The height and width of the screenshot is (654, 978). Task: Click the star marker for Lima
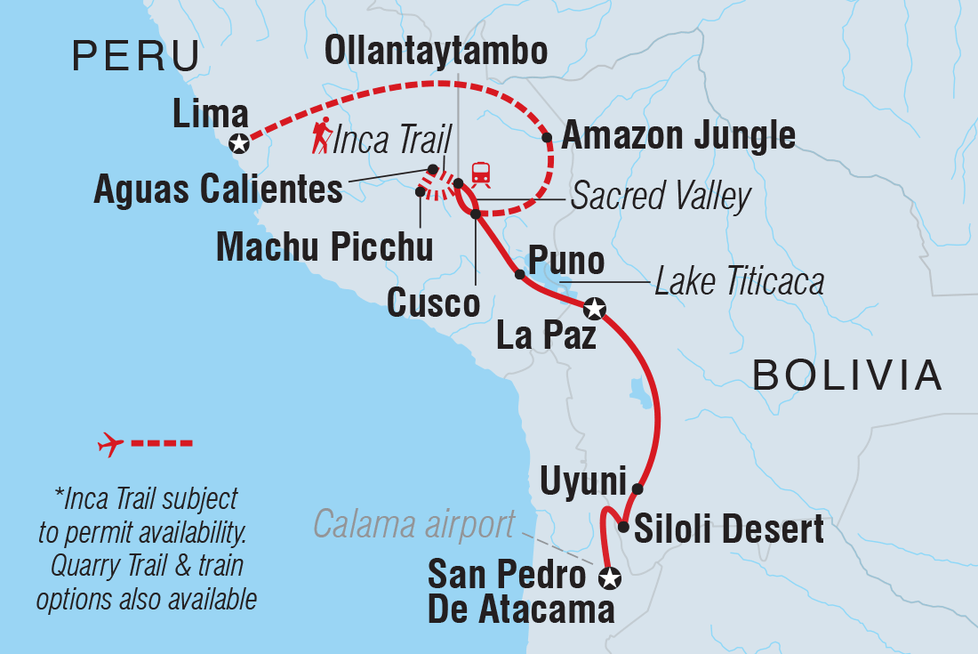(x=238, y=143)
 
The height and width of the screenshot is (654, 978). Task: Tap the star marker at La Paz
(x=595, y=309)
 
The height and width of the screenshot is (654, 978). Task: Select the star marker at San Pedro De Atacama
(x=609, y=578)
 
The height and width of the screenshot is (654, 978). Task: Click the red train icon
(x=481, y=173)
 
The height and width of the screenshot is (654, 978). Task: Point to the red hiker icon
(x=322, y=137)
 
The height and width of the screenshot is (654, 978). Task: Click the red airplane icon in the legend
(x=110, y=442)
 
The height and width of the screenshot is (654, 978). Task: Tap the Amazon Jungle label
(x=678, y=136)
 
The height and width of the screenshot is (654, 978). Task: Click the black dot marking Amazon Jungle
(x=548, y=138)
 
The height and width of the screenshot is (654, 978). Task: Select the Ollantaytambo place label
(x=436, y=52)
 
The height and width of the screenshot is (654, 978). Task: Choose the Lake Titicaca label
(x=739, y=282)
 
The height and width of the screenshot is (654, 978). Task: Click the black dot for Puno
(x=520, y=275)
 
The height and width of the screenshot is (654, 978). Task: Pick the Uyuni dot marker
(x=637, y=488)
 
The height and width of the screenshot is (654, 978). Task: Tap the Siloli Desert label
(x=728, y=530)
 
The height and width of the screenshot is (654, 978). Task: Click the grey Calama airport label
(x=413, y=525)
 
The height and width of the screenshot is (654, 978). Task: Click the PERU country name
(x=136, y=57)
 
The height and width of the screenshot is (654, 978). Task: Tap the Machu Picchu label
(x=325, y=247)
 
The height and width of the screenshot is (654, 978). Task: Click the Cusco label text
(x=434, y=303)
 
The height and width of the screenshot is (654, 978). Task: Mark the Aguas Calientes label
(x=218, y=190)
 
